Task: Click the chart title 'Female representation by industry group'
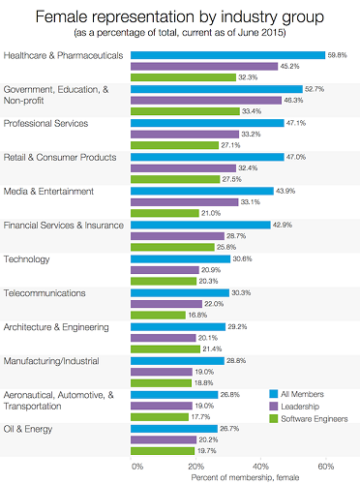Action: tap(180, 17)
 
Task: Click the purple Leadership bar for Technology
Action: tap(165, 269)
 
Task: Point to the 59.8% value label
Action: tap(340, 55)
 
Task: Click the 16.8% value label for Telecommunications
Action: tap(200, 315)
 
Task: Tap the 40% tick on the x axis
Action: tap(263, 466)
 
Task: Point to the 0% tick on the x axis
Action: tap(136, 466)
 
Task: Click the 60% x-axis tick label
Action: tap(327, 466)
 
